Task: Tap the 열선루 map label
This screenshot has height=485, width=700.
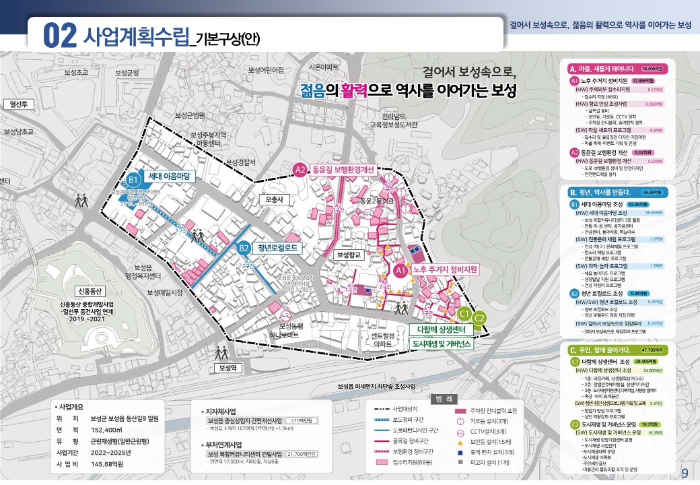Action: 18,104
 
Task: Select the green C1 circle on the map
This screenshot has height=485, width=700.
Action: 463,315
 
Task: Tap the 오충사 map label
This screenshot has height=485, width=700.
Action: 275,199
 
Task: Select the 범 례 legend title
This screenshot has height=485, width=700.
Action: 442,397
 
